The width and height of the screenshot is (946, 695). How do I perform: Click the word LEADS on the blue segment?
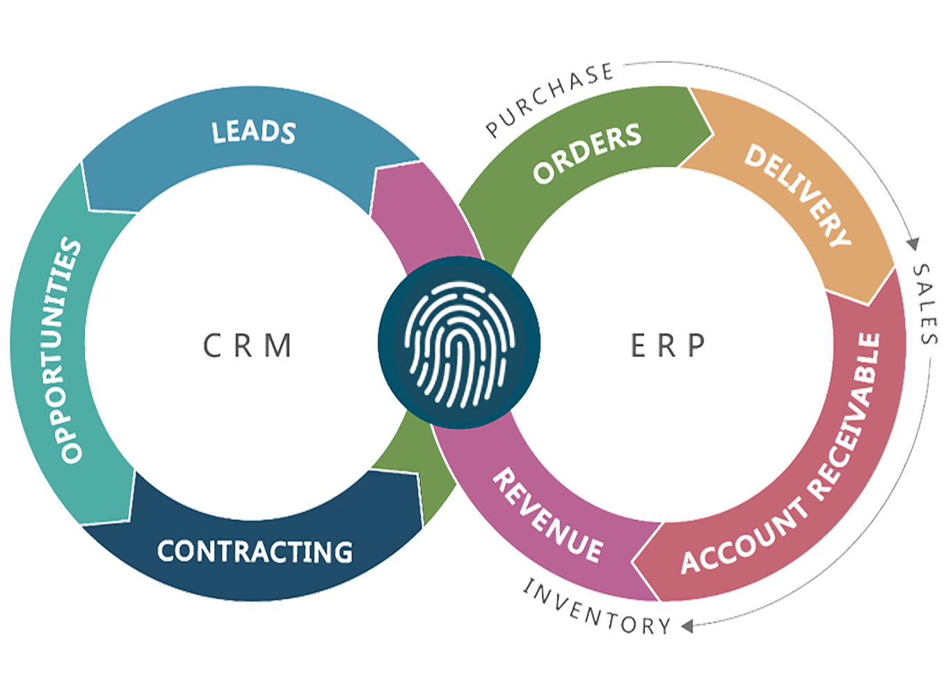coord(254,131)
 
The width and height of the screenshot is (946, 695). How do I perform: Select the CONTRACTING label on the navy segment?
coord(255,551)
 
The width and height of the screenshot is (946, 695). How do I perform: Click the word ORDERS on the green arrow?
coord(588,153)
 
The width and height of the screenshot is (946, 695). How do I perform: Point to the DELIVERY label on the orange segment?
coord(798,195)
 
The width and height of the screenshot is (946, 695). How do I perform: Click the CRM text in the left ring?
coord(248,345)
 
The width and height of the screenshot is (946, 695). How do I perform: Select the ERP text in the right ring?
coord(668,345)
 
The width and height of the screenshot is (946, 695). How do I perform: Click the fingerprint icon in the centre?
coord(458,343)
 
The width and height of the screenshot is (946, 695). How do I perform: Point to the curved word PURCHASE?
coord(550,97)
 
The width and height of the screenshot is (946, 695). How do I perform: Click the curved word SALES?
coord(924,306)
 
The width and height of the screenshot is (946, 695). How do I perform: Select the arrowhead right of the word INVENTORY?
coord(689,626)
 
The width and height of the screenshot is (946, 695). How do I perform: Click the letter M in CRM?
coord(277,345)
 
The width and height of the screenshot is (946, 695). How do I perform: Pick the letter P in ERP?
coord(694,345)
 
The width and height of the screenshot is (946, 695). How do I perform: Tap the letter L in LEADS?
coord(218,131)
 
